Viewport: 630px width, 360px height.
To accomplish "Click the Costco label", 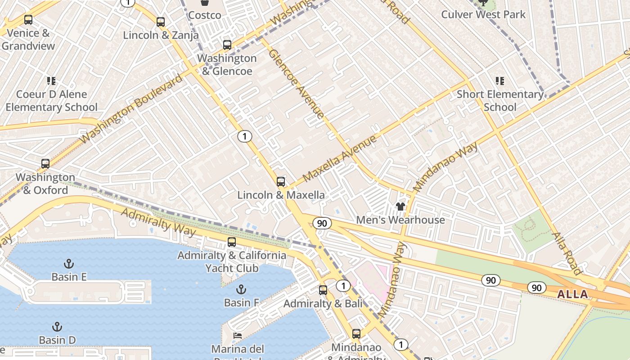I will (205, 15).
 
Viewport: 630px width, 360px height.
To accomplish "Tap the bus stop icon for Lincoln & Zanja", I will (161, 22).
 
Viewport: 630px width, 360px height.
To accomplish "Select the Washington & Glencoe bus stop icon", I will (227, 45).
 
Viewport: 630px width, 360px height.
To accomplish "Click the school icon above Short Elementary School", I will (500, 81).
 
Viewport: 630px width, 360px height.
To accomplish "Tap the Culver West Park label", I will (483, 14).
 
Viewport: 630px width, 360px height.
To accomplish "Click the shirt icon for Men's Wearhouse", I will (400, 207).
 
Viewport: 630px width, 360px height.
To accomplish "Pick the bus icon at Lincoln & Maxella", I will (281, 182).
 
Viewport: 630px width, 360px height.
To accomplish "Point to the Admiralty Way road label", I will (158, 222).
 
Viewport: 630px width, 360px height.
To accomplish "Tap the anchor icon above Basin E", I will (69, 263).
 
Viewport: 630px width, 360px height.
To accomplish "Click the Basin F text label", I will (242, 302).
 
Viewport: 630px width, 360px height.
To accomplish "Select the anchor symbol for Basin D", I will (57, 327).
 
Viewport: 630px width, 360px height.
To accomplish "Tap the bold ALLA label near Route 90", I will (572, 295).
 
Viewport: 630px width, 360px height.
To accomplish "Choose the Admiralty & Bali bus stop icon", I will (323, 290).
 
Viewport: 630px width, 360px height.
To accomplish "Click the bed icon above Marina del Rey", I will (238, 336).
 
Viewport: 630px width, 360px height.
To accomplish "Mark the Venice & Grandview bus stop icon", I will (28, 20).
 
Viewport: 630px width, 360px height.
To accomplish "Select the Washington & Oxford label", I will (45, 184).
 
